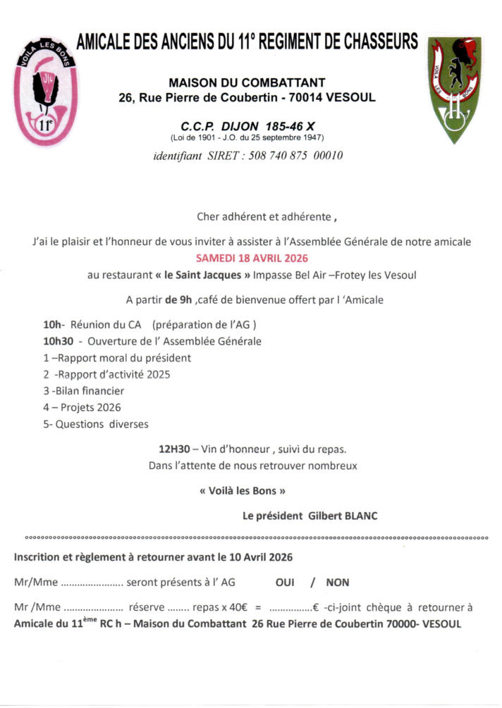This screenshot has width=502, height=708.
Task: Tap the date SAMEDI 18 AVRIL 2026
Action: click(x=252, y=258)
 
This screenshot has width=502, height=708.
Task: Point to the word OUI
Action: click(x=285, y=583)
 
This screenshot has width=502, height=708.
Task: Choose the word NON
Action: click(x=338, y=583)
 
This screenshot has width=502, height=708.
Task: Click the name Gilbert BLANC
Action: click(x=343, y=516)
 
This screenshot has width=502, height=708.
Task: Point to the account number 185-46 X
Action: click(x=303, y=124)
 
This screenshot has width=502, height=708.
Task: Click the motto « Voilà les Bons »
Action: click(x=243, y=490)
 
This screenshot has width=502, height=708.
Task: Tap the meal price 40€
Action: click(x=238, y=607)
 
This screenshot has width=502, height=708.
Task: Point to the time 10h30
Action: click(x=55, y=342)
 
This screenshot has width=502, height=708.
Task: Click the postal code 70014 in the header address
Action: click(x=310, y=97)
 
